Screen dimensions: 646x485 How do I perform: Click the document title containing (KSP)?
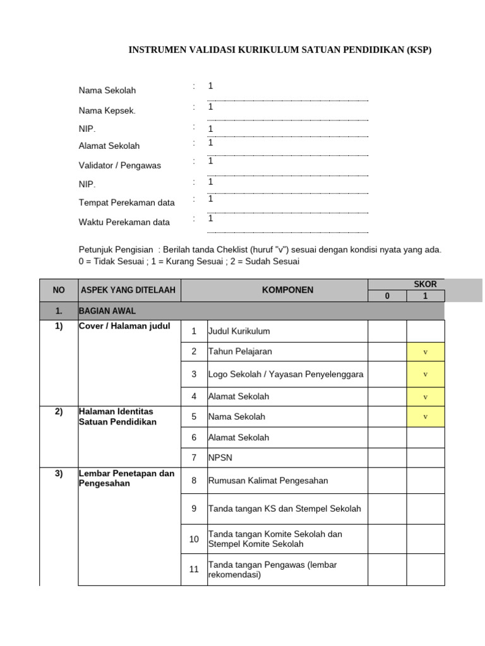(x=280, y=50)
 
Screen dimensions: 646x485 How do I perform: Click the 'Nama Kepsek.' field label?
(x=107, y=111)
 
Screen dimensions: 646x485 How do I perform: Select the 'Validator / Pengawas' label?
(x=119, y=165)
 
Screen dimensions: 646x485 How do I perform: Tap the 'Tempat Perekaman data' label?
(x=126, y=203)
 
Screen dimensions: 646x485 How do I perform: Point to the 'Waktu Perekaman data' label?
(x=124, y=222)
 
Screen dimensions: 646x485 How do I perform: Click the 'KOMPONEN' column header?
(x=274, y=290)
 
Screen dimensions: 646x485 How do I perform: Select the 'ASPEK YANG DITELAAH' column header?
(x=129, y=290)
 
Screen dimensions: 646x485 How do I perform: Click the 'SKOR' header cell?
(x=425, y=285)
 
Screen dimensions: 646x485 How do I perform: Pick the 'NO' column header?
(x=59, y=290)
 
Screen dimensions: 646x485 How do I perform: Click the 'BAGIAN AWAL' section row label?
(x=107, y=311)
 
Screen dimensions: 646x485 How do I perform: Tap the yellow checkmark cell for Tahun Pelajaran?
(x=425, y=351)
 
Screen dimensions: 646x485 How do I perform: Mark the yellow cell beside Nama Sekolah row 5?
(x=425, y=417)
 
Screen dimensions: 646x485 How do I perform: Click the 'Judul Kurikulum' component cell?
(x=239, y=331)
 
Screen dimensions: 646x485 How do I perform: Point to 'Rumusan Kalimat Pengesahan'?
(x=268, y=481)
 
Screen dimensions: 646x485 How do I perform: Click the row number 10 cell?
(x=194, y=539)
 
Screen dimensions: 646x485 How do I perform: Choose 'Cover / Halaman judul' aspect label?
(x=124, y=326)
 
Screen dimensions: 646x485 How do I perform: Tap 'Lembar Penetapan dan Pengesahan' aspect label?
(x=126, y=478)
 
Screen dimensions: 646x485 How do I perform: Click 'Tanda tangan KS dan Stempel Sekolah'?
(x=284, y=508)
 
